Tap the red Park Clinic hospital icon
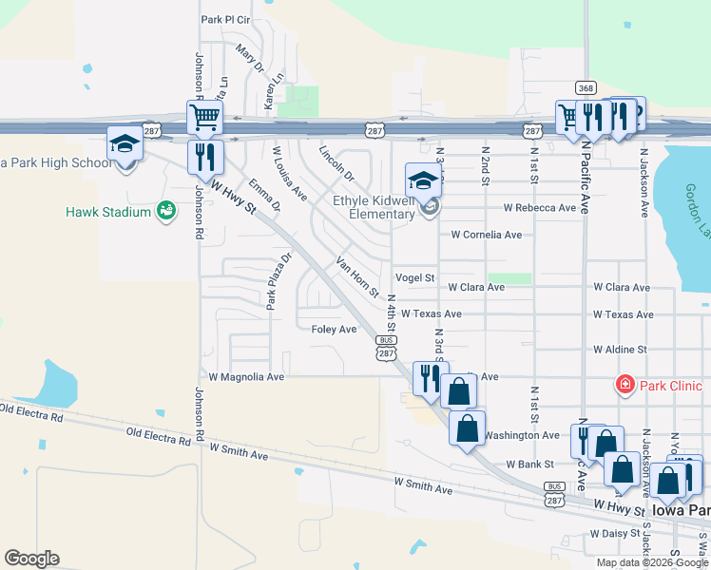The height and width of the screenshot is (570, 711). coord(625,385)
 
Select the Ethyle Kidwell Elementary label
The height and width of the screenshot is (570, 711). coord(374,207)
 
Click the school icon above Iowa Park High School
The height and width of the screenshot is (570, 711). coord(125,144)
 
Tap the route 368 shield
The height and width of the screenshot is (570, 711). coord(586,88)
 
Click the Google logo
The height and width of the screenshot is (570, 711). coord(32,559)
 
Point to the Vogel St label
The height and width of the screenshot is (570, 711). coord(414,278)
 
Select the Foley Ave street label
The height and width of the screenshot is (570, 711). coord(334,329)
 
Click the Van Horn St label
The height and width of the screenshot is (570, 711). coord(357,275)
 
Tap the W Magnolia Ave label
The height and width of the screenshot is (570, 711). coord(246,376)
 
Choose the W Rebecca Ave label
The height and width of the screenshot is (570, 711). coord(540,207)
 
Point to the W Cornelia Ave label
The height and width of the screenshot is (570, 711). coord(486,234)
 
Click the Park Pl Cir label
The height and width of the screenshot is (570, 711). coord(224,19)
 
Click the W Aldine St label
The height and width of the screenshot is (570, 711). coord(620,350)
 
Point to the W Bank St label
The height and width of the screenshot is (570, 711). coord(529,465)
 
